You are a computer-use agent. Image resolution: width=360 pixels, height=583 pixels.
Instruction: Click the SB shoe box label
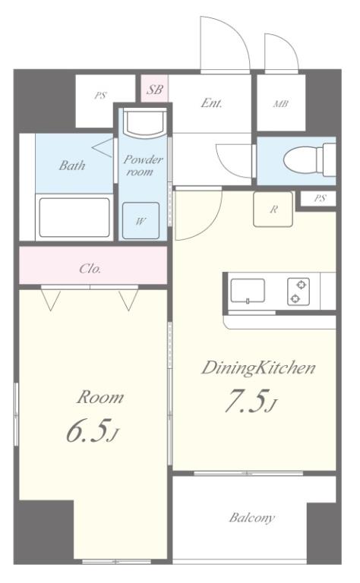[154, 90]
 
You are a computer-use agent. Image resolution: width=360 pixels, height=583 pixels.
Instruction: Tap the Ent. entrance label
[211, 103]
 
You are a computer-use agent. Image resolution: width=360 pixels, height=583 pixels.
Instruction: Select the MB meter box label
[281, 104]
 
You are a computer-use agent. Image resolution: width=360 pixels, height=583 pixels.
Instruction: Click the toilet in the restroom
[309, 160]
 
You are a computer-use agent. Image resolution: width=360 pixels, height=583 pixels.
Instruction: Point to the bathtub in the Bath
[74, 218]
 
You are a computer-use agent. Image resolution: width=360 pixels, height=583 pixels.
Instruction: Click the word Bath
[72, 165]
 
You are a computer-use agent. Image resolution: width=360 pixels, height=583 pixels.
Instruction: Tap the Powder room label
[143, 165]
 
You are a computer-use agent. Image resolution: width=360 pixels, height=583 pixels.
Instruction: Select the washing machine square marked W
[141, 220]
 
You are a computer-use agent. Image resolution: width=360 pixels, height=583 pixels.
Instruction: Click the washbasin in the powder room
[145, 123]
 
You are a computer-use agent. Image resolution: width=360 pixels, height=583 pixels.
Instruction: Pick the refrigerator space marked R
[273, 210]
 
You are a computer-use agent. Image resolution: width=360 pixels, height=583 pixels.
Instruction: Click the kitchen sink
[248, 291]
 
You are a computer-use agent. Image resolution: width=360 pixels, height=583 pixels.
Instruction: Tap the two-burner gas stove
[298, 291]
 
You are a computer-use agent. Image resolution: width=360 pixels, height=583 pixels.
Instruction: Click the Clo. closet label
[90, 269]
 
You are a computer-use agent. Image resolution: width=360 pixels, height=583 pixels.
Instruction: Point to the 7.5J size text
[251, 401]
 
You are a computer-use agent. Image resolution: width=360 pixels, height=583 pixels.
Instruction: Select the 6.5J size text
[93, 430]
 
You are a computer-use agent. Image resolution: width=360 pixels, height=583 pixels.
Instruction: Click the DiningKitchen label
[258, 367]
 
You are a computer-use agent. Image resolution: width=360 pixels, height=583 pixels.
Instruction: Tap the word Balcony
[252, 518]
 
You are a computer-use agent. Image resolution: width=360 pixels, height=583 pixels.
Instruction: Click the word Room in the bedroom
[100, 397]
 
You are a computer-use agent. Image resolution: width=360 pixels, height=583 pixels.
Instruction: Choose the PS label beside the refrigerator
[320, 198]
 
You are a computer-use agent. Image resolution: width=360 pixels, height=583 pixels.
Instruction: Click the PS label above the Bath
[99, 96]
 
